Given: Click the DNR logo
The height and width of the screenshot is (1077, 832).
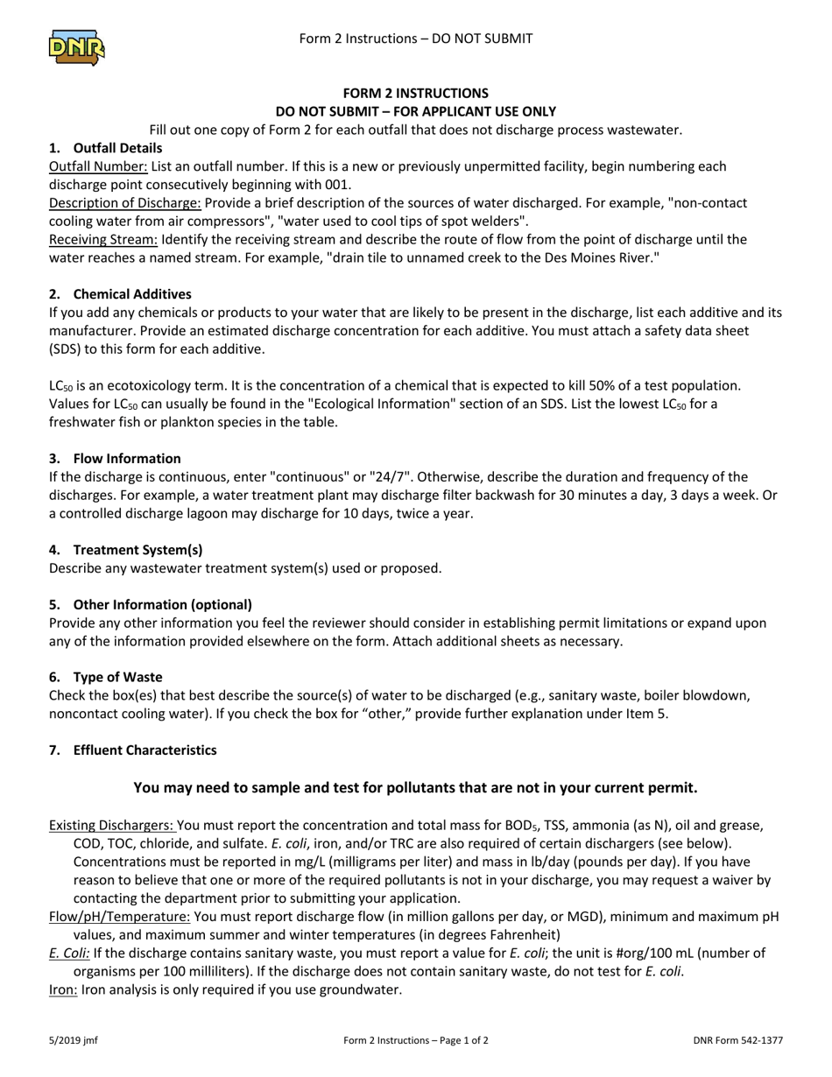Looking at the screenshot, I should pyautogui.click(x=76, y=46).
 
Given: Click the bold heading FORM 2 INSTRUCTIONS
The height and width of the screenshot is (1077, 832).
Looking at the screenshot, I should pyautogui.click(x=415, y=93).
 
